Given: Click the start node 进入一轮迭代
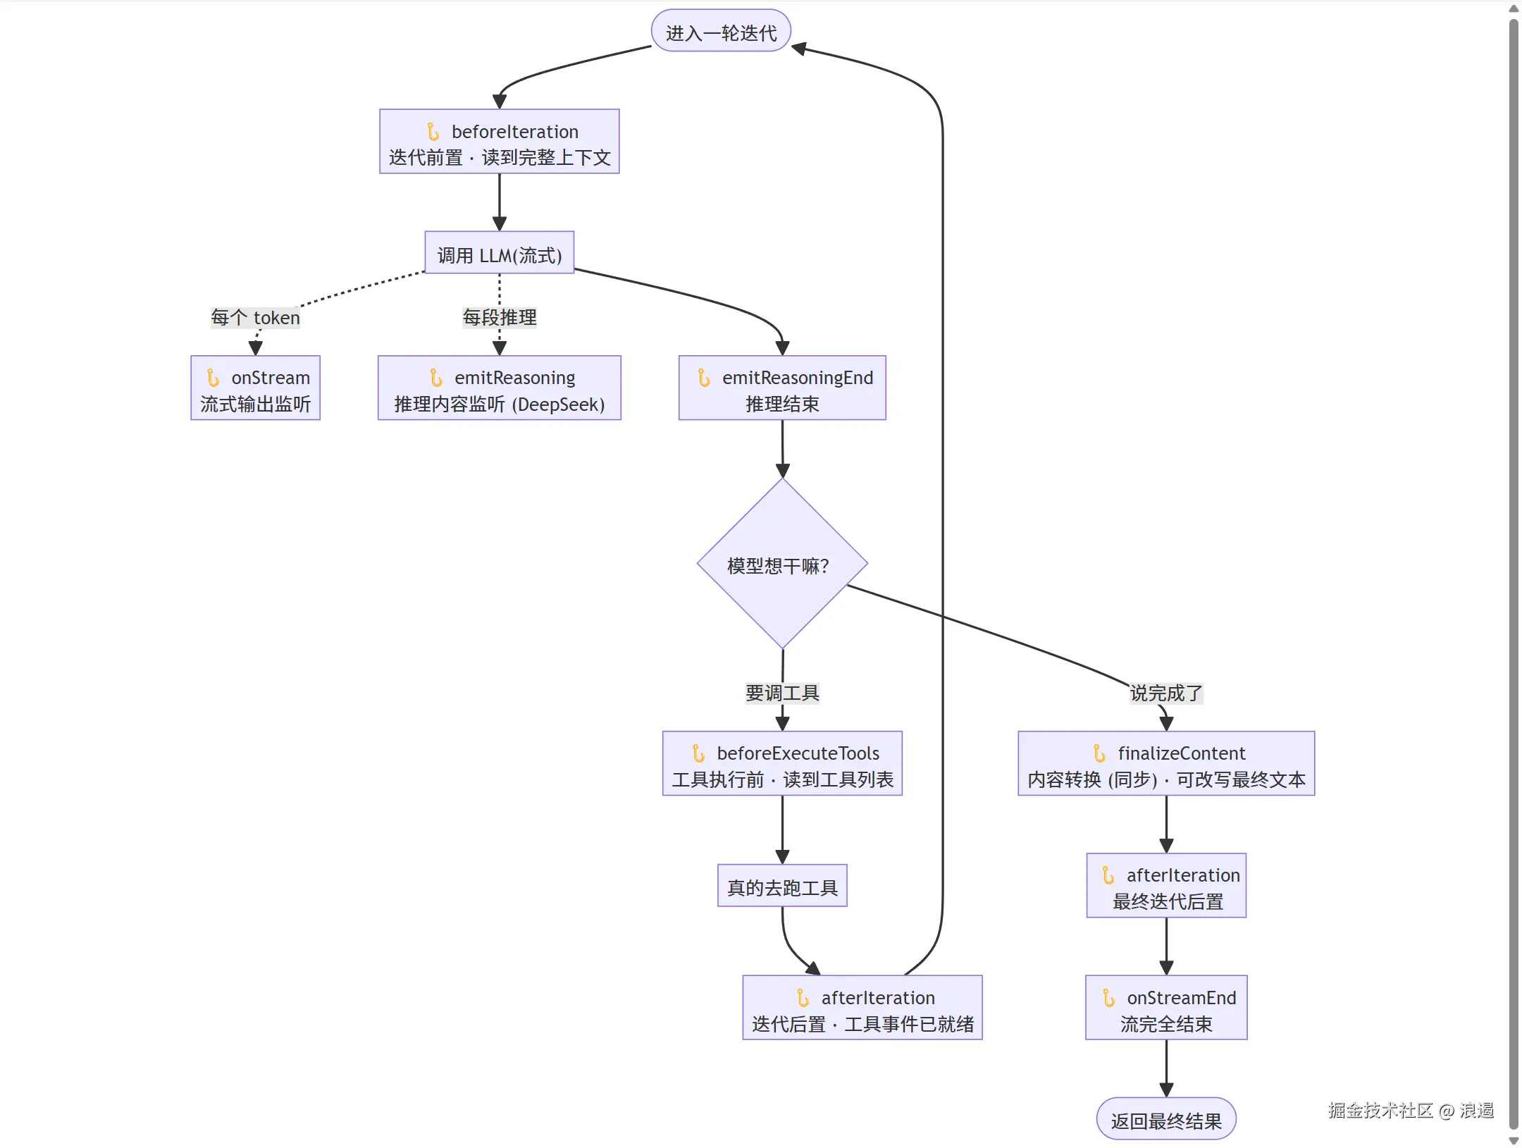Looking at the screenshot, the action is (x=721, y=31).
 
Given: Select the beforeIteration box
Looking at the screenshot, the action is (x=500, y=142).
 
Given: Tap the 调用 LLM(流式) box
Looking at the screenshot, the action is (x=500, y=253).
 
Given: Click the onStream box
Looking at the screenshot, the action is (x=256, y=388).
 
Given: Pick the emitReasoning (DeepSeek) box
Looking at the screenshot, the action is (x=500, y=388).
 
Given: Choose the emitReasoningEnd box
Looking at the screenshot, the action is (x=782, y=388).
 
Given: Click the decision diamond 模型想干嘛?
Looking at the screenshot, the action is (x=782, y=564).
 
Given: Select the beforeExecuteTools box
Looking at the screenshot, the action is (x=782, y=764).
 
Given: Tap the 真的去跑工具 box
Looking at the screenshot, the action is (x=782, y=886).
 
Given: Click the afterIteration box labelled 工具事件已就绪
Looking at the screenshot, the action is (x=862, y=1008).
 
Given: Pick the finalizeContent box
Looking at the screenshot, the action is (x=1166, y=764).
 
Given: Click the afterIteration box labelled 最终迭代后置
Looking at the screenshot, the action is (x=1166, y=886).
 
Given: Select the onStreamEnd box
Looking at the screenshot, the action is (x=1166, y=1008).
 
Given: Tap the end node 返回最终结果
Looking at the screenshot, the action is (x=1166, y=1119).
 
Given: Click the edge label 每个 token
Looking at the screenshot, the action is (x=256, y=318).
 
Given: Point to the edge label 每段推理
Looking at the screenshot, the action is (x=500, y=318).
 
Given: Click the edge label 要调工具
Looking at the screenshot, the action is (x=782, y=693).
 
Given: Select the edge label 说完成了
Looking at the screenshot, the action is (x=1166, y=693).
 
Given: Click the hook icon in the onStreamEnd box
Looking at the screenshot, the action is (x=1108, y=998).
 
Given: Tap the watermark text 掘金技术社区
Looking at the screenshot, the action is (x=1380, y=1111).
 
